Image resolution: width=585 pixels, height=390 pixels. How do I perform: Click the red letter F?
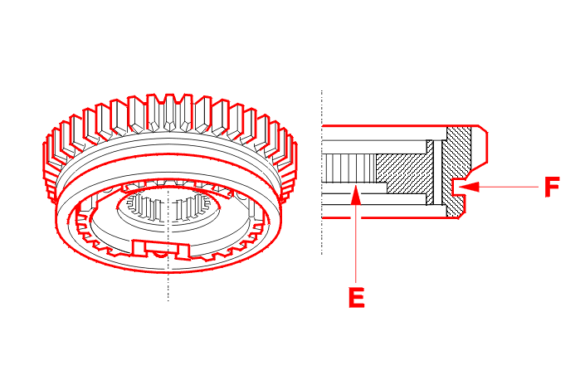[x=552, y=188]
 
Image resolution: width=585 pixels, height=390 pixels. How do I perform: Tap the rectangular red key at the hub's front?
[x=159, y=246]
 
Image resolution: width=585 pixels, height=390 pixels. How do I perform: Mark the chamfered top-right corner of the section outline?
[x=480, y=131]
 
